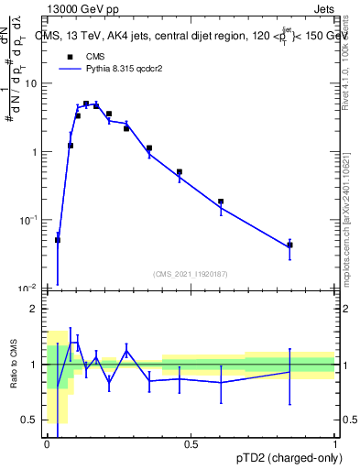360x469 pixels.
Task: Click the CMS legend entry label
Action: (95, 56)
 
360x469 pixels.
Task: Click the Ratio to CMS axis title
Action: (13, 365)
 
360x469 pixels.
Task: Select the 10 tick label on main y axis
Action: (32, 83)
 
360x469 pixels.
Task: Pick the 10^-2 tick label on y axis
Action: (30, 289)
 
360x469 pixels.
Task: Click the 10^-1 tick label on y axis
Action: (30, 220)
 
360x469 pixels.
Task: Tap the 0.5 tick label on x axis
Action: (191, 446)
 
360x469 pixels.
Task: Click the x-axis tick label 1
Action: (334, 446)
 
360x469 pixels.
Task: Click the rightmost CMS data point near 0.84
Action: (289, 245)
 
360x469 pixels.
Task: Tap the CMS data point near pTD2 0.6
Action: (221, 202)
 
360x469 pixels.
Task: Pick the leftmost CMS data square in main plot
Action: (58, 240)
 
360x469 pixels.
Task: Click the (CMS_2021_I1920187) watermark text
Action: (191, 273)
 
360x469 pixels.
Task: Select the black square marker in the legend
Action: (69, 56)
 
